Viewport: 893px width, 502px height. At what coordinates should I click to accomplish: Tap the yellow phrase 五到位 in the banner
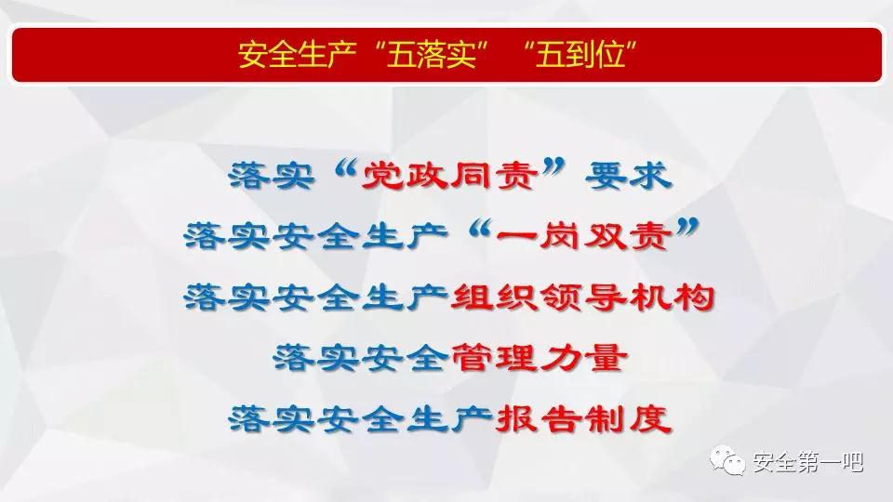point(580,55)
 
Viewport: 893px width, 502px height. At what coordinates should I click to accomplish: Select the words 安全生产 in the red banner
point(298,55)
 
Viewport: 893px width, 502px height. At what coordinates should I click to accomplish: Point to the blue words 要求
point(628,176)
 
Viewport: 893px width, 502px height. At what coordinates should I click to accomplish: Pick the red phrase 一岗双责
point(583,236)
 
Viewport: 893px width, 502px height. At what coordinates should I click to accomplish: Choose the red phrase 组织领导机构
point(582,297)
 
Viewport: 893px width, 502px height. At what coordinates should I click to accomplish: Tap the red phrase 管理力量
point(540,358)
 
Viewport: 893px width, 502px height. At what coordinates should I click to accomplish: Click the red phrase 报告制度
point(583,419)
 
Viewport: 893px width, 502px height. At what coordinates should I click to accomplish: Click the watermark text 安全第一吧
point(808,462)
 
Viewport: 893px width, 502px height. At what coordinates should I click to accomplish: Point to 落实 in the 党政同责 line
point(271,176)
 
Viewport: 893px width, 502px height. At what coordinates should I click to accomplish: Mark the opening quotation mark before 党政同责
point(345,168)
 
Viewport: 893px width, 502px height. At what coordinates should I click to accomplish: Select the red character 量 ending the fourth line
point(606,358)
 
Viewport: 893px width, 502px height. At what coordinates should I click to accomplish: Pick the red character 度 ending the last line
point(650,419)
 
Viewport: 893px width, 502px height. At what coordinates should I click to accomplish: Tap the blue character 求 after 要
point(650,176)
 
